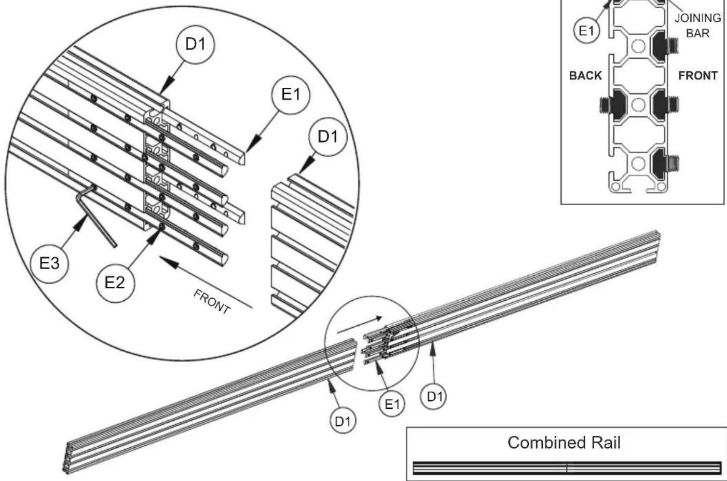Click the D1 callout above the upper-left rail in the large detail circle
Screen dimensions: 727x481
[196, 45]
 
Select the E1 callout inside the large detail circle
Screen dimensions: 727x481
[291, 95]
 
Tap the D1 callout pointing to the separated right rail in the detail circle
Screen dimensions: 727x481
[328, 137]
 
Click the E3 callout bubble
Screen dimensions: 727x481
[49, 263]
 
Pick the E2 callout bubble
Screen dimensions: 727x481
[115, 283]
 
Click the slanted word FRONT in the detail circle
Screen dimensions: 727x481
[212, 302]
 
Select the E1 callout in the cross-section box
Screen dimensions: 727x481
[586, 31]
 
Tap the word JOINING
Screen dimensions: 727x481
[697, 18]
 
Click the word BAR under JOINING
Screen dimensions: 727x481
[697, 33]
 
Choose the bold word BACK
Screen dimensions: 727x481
[585, 76]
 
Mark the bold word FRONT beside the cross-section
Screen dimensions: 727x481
[698, 76]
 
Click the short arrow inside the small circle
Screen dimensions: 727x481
[359, 325]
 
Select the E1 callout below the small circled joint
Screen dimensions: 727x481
[392, 404]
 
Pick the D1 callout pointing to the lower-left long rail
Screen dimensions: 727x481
[342, 422]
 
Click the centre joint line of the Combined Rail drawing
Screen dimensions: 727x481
[567, 467]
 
